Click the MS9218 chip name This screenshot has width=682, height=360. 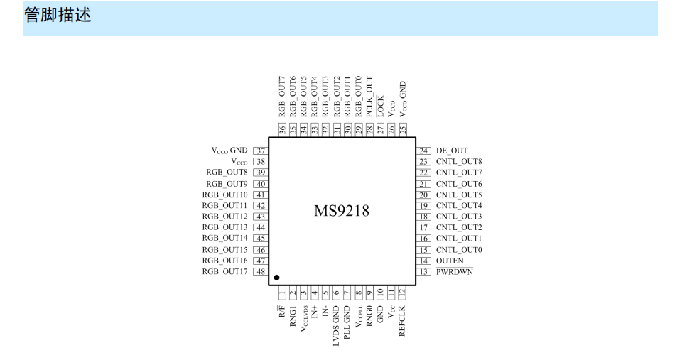tap(342, 211)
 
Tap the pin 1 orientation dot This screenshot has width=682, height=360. tap(276, 278)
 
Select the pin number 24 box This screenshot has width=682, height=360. tap(423, 151)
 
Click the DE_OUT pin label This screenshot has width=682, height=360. tap(452, 151)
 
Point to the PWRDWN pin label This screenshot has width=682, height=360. tap(455, 272)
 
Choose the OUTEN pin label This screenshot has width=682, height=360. tap(450, 261)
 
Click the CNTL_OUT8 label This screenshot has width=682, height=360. tap(459, 162)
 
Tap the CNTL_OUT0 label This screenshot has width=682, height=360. tap(459, 250)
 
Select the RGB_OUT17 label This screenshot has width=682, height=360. tap(225, 272)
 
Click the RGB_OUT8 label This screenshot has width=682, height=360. tap(227, 172)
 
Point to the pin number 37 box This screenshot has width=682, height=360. tap(261, 151)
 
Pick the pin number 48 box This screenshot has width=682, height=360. tap(261, 272)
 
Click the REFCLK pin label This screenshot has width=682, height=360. tap(402, 321)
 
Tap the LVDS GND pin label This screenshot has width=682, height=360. tap(336, 326)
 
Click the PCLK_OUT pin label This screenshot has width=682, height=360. tap(369, 97)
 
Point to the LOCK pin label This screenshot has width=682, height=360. tap(381, 106)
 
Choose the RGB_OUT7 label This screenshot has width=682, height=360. tap(282, 97)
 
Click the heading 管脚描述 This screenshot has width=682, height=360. tap(58, 15)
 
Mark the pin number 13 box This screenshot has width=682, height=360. tap(423, 272)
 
